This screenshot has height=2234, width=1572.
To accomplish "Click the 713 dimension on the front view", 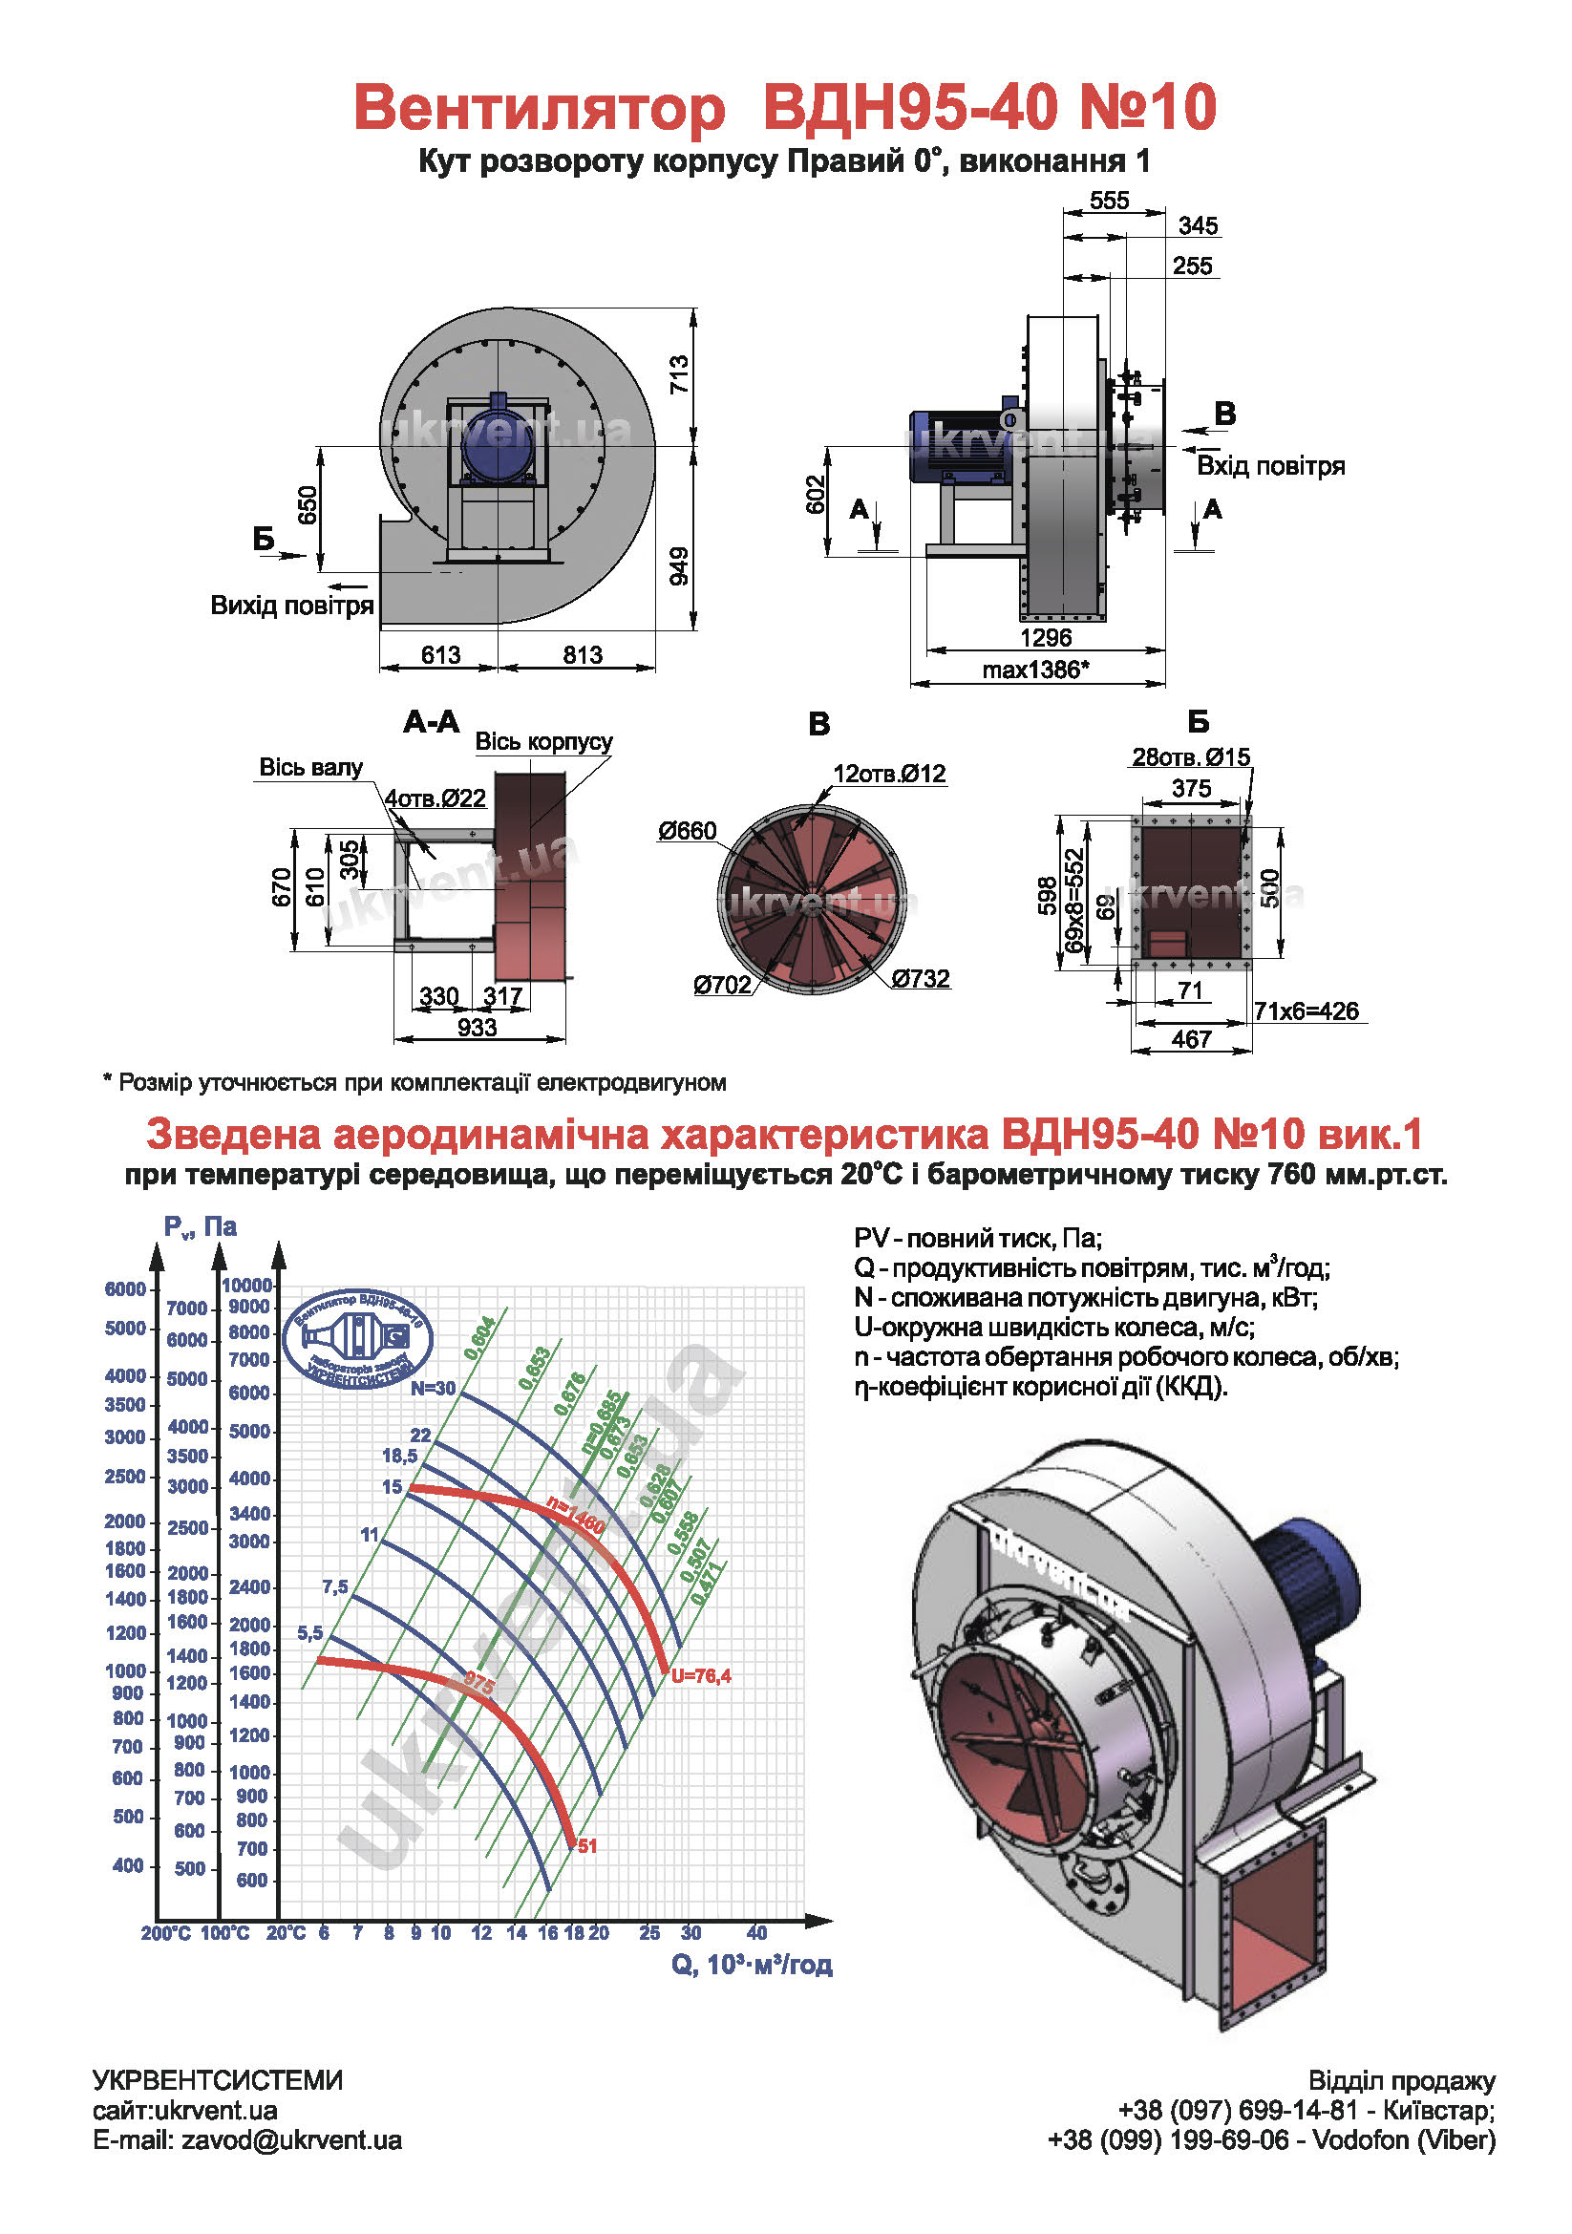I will [x=679, y=374].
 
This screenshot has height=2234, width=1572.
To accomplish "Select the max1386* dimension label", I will [x=1035, y=670].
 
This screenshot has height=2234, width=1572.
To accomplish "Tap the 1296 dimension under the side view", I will [x=1046, y=638].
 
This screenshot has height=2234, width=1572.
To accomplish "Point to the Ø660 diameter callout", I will [x=687, y=831].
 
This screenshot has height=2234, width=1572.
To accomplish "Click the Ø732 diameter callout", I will [x=921, y=978].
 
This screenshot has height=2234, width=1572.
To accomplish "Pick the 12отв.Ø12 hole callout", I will [x=889, y=774].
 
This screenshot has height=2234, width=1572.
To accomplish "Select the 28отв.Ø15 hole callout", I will [x=1191, y=757].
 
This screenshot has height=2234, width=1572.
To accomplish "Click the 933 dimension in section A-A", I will [x=477, y=1028].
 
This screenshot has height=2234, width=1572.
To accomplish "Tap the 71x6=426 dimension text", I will [x=1306, y=1011].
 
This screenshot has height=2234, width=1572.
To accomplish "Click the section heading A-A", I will [x=431, y=722].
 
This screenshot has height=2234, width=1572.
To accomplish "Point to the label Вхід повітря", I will [x=1270, y=466].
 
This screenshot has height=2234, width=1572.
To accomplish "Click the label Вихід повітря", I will [x=292, y=606].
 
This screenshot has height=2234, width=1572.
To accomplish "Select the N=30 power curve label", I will [x=432, y=1389].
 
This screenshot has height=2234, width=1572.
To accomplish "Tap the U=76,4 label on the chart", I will [x=700, y=1675].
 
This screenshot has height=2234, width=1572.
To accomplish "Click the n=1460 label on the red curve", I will [x=576, y=1517].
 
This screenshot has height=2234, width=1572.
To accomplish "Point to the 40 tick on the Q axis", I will [x=756, y=1932].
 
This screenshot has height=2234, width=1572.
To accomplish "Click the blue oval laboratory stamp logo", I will [x=358, y=1338].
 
